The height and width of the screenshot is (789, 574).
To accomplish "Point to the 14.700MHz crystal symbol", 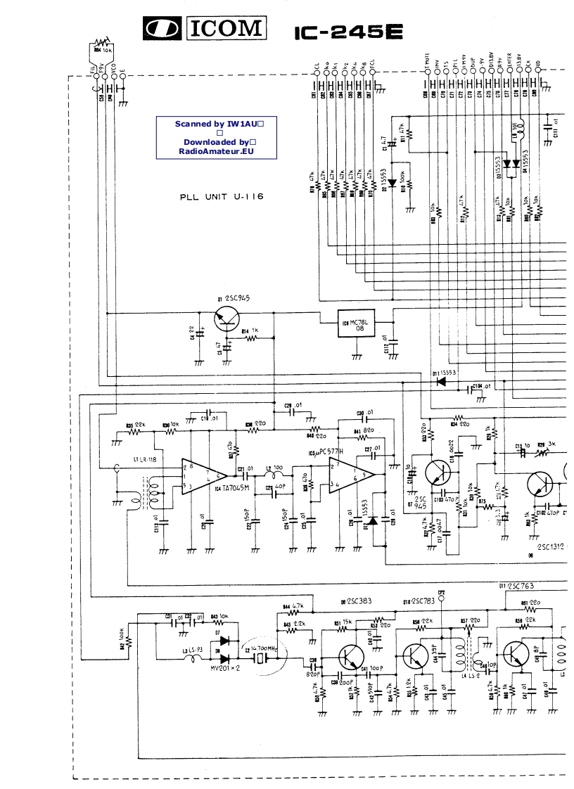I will tap(261, 658).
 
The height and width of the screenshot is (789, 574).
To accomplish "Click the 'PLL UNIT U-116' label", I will tap(222, 198).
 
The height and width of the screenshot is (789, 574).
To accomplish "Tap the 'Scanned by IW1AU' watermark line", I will tap(218, 124).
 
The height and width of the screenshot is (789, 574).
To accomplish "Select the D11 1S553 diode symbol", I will tap(442, 382).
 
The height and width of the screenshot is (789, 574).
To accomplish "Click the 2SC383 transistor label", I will tap(356, 601).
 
